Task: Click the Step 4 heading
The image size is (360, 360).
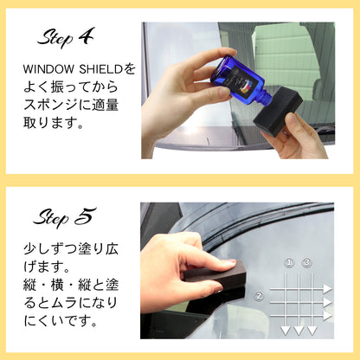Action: coord(66,37)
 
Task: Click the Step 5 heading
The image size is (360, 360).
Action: coord(65,217)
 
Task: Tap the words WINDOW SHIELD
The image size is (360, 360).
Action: coord(74,69)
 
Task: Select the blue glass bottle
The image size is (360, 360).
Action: coord(240,79)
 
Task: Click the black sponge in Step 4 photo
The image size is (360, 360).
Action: coord(278,112)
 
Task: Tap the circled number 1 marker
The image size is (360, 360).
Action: coord(289,263)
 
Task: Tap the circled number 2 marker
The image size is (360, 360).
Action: coord(259,296)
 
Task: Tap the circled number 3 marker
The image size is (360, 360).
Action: coord(306,263)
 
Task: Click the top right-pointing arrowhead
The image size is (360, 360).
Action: coord(327,289)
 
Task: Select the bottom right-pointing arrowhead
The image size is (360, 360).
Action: coord(327,316)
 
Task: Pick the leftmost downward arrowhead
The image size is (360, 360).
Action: coord(286,331)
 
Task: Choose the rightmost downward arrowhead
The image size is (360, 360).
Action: coord(312,331)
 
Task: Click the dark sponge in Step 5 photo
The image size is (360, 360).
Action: coord(215,275)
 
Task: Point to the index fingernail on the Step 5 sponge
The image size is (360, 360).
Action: coord(231,263)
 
